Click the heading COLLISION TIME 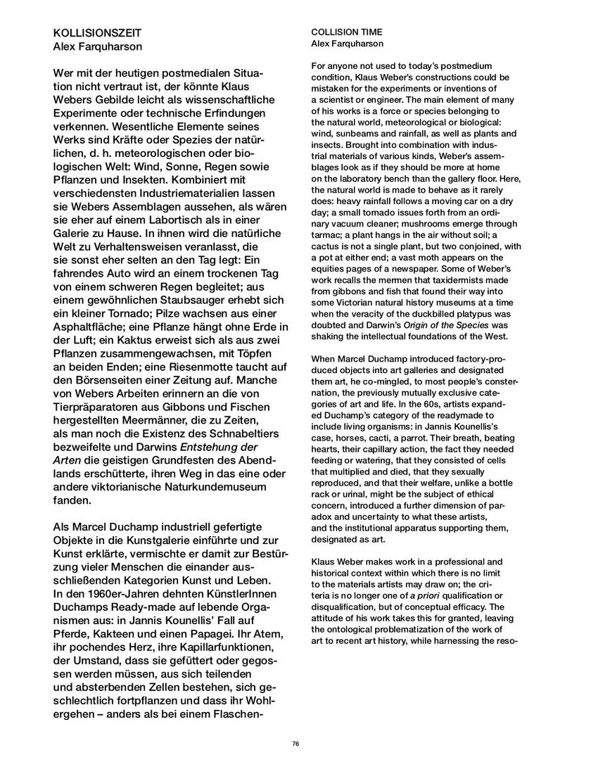coord(343,32)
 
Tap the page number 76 coord(295,743)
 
